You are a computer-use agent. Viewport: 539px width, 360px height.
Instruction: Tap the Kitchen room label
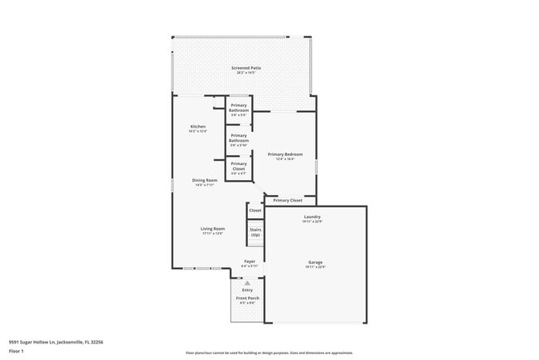(198, 127)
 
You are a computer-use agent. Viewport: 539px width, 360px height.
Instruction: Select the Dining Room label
(205, 180)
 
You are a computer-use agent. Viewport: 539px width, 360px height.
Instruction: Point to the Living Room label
(213, 229)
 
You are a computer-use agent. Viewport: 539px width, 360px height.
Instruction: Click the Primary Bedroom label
(284, 154)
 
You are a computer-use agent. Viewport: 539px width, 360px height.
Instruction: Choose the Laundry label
(313, 217)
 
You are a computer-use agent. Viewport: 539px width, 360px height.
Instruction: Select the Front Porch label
(247, 299)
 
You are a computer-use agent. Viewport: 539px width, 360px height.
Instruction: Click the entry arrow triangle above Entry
(247, 283)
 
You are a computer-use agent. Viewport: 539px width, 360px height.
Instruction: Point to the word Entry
(247, 289)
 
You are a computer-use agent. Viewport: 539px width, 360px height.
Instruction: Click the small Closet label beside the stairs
(255, 211)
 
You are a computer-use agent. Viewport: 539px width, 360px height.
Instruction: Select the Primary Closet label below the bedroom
(288, 200)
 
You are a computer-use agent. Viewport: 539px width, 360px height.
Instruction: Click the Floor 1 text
(15, 351)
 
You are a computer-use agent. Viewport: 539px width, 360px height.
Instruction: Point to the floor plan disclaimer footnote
(270, 353)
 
